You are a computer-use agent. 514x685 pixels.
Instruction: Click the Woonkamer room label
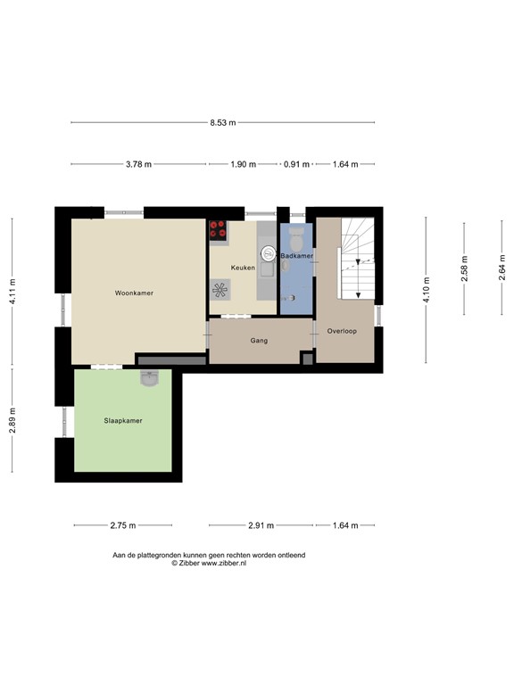pos(134,293)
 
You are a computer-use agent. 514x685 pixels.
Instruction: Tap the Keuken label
pos(243,268)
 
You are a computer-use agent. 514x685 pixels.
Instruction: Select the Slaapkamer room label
pos(123,421)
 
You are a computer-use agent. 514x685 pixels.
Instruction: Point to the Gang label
pos(259,341)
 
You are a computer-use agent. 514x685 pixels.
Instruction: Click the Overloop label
pos(342,331)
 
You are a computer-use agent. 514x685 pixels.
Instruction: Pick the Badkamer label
pos(297,256)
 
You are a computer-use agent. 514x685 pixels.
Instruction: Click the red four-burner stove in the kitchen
pos(218,230)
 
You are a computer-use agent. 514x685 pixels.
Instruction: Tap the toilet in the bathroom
pos(296,235)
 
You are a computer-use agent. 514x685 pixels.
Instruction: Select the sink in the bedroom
pos(150,378)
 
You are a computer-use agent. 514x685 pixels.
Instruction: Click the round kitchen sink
pos(268,253)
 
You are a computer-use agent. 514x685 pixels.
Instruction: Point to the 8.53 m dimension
pos(223,123)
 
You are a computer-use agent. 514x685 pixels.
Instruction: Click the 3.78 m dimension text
pos(138,164)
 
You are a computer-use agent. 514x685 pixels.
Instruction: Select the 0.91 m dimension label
pos(296,164)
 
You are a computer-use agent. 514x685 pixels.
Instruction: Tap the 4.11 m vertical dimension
pos(12,292)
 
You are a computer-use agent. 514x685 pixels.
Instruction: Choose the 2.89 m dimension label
pos(12,420)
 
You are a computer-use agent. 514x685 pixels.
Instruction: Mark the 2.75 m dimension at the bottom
pos(123,525)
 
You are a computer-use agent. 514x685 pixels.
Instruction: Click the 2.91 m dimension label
pos(261,525)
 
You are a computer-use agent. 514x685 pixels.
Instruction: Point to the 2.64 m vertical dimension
pos(502,267)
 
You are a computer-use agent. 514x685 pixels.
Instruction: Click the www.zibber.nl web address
pos(223,564)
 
